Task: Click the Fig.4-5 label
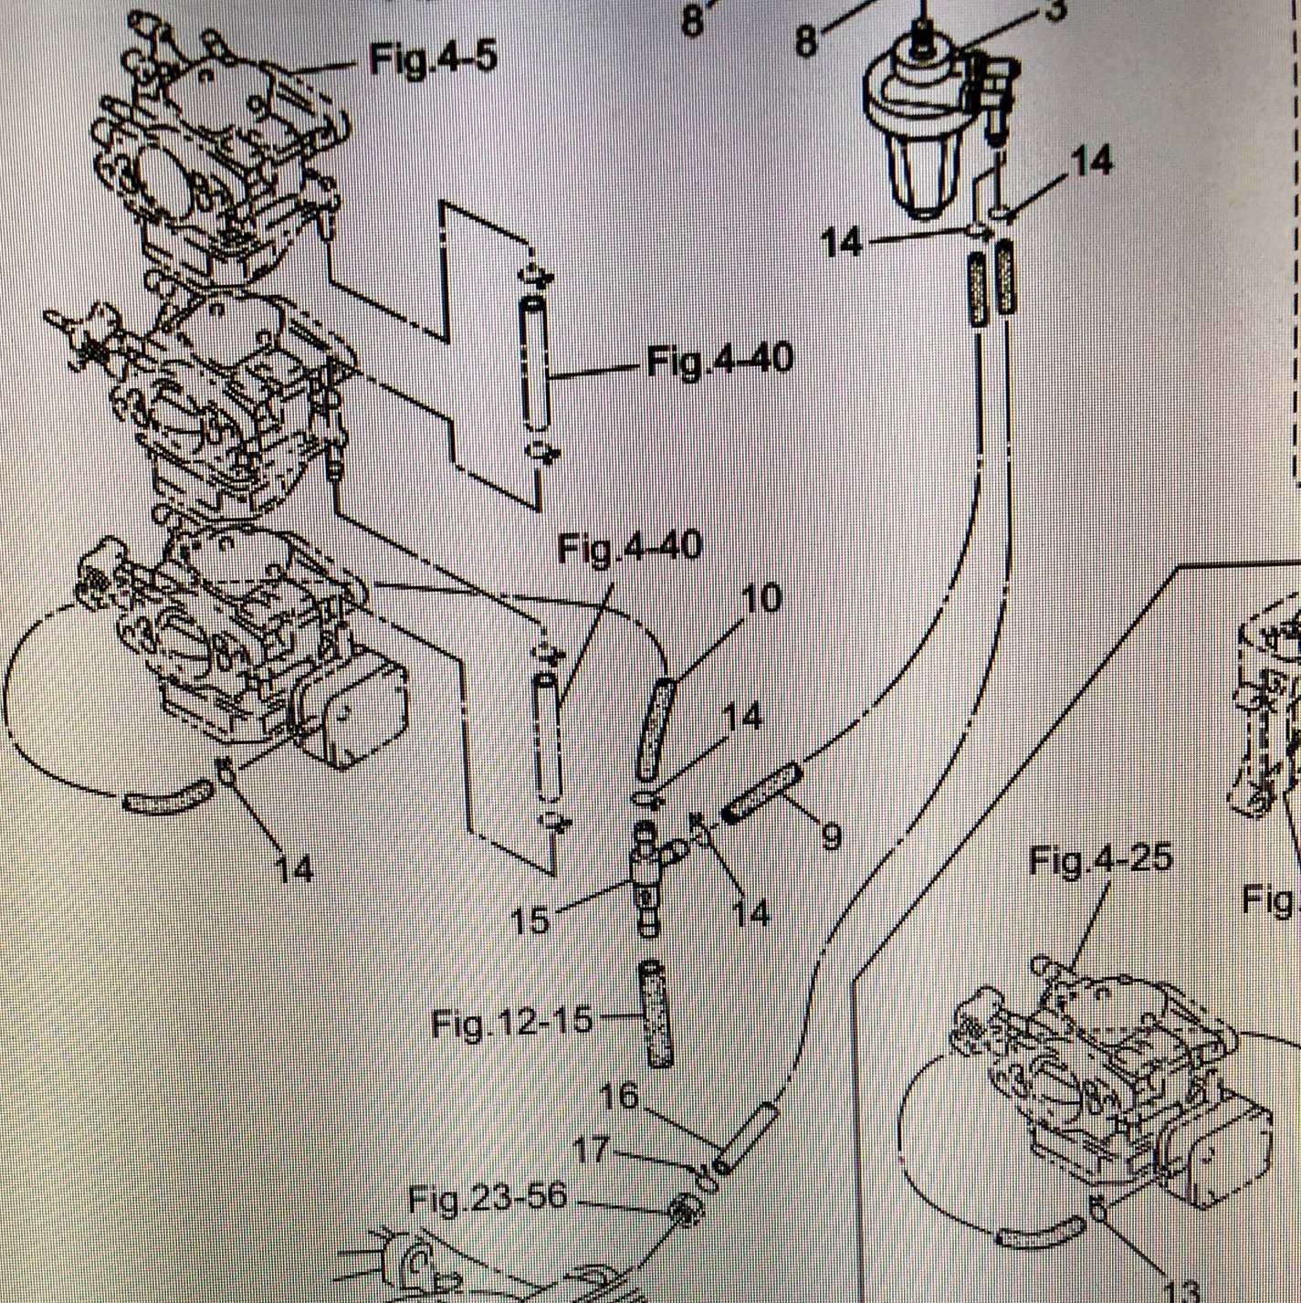[x=433, y=61]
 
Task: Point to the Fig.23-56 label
[x=488, y=1197]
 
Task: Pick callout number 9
[x=830, y=835]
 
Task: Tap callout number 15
[x=530, y=919]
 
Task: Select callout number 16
[x=620, y=1095]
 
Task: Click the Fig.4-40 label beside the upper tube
[x=720, y=362]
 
